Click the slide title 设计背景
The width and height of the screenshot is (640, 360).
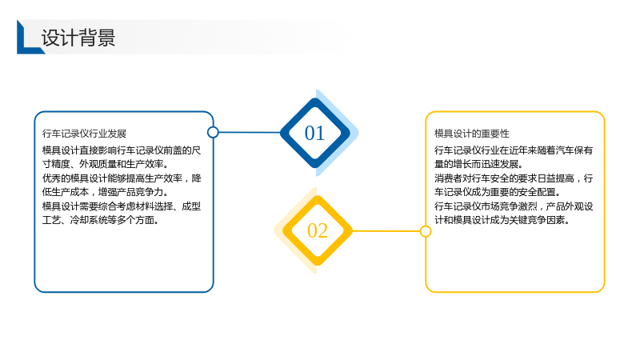tap(78, 38)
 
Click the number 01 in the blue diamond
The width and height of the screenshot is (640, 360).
tap(314, 133)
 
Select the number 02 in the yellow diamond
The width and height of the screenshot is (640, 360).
tap(318, 230)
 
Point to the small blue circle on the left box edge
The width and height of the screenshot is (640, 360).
tap(213, 132)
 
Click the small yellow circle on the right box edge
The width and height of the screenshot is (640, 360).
tap(426, 231)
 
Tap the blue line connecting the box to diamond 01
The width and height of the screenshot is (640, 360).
tap(250, 132)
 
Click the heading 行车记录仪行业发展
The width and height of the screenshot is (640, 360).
tap(85, 134)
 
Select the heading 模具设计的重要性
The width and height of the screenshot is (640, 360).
tap(472, 134)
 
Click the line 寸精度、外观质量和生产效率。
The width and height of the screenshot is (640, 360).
tap(106, 164)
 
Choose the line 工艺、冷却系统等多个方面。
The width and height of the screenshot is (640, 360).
tap(101, 220)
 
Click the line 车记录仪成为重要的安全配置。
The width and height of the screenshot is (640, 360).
tap(498, 192)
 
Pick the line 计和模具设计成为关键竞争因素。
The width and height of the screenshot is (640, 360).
tap(502, 220)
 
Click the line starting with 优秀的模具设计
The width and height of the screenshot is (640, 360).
tap(122, 178)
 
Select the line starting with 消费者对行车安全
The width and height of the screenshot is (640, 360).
tap(514, 178)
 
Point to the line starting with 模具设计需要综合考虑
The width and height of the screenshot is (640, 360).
tap(122, 206)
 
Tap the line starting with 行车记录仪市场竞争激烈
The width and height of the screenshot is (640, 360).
tap(514, 206)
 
